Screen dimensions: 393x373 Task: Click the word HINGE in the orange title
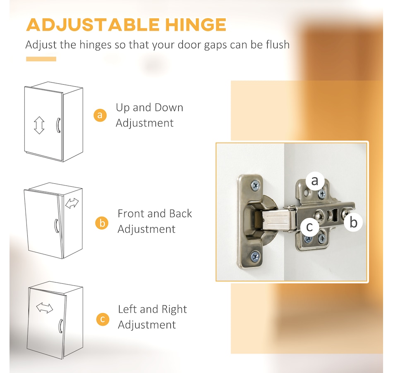(x=196, y=24)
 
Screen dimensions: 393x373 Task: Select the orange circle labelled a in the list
(x=100, y=115)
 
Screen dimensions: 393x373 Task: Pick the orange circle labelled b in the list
(x=102, y=223)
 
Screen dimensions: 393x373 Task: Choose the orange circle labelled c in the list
(x=103, y=319)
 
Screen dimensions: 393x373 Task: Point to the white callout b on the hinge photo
(x=353, y=222)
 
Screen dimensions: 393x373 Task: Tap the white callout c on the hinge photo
(x=309, y=227)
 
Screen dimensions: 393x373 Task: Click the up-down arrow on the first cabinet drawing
(x=39, y=125)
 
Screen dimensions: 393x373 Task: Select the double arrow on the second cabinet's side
(x=72, y=203)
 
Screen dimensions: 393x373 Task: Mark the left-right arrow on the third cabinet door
(x=45, y=308)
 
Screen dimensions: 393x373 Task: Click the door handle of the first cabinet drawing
(x=58, y=125)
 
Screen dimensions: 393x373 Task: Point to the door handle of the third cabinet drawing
(x=60, y=326)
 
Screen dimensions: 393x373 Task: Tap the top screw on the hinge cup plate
(x=255, y=185)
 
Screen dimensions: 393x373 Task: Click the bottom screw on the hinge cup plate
(x=255, y=256)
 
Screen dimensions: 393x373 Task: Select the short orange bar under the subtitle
(x=41, y=59)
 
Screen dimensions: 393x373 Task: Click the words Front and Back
(x=155, y=214)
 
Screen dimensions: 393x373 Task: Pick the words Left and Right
(x=152, y=309)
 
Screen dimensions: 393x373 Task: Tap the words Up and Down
(x=149, y=107)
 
